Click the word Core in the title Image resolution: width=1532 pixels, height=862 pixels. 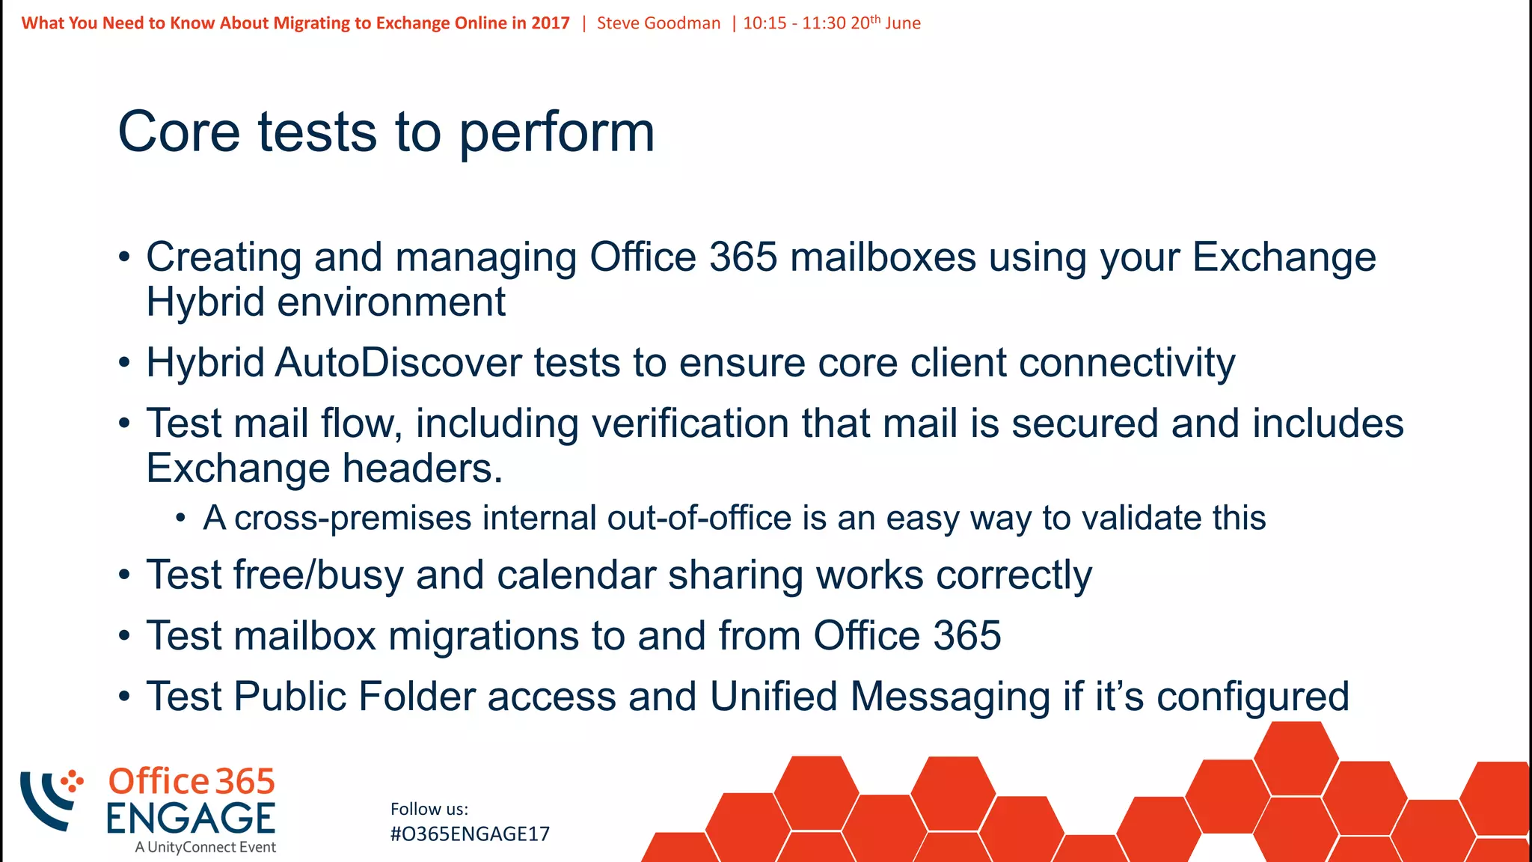point(179,132)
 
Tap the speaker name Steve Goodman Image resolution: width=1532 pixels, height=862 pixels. point(658,23)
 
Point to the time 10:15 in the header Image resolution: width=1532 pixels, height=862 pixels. point(764,23)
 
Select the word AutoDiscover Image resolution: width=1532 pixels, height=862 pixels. point(398,363)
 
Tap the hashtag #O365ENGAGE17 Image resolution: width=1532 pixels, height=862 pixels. point(470,834)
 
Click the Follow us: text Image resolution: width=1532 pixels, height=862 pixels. point(429,809)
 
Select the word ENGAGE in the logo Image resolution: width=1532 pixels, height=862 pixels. point(191,818)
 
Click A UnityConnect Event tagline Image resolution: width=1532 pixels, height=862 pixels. point(205,847)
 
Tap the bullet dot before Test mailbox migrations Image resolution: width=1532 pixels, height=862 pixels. point(124,637)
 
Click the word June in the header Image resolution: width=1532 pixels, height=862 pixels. point(903,23)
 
